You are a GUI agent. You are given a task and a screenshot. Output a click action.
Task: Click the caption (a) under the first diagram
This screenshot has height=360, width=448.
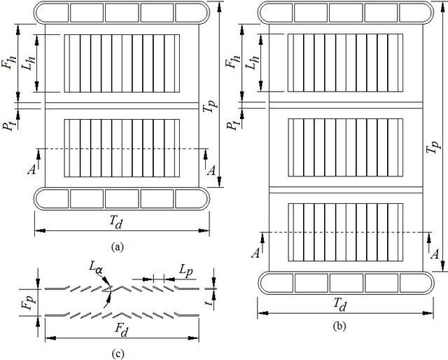118,247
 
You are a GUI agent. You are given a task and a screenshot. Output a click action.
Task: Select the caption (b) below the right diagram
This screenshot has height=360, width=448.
339,326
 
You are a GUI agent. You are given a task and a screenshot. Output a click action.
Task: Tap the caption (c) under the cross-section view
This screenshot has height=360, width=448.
118,354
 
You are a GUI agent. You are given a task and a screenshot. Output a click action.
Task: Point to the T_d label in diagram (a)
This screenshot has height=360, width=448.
116,222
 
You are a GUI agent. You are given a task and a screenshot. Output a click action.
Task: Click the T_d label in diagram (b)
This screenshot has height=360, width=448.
340,305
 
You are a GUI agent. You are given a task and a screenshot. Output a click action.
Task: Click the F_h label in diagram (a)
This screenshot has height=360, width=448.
8,60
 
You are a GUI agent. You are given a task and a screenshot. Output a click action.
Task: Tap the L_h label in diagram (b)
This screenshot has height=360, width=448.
252,62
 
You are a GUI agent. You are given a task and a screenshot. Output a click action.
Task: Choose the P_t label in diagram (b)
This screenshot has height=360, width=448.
232,124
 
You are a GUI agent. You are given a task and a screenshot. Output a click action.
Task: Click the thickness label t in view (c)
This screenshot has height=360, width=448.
210,300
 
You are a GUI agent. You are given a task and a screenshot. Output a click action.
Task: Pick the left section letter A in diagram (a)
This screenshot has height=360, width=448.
31,170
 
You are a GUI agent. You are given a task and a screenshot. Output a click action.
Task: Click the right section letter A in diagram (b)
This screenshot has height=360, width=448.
435,254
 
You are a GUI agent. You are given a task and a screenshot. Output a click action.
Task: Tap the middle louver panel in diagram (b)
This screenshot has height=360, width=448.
345,147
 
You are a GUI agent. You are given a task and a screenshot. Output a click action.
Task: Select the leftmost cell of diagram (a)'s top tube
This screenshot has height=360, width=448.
52,13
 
